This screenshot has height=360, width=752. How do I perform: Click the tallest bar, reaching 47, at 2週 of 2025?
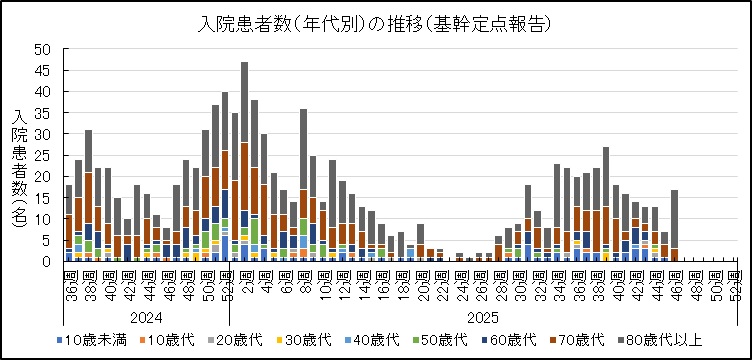(x=244, y=161)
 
